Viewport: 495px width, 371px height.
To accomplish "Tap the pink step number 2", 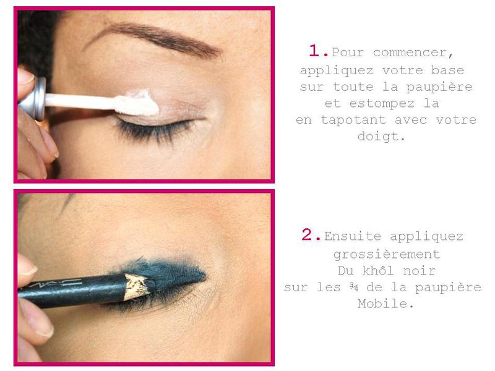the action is [311, 235].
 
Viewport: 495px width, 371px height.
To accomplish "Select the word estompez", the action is [382, 103].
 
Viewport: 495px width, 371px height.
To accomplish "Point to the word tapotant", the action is [353, 120].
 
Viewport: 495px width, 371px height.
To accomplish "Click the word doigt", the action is [381, 136].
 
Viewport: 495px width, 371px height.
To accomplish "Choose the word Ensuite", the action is [353, 236].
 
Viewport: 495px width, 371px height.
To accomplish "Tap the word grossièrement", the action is [387, 254].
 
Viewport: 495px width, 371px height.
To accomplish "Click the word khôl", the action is [378, 270].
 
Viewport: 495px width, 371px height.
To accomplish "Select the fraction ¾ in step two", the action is [353, 287].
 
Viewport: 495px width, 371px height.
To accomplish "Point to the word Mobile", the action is [385, 304].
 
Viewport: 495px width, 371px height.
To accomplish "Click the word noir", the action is [420, 271].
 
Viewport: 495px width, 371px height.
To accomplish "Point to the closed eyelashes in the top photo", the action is [155, 130].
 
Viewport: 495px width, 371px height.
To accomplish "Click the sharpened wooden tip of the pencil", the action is [138, 286].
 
